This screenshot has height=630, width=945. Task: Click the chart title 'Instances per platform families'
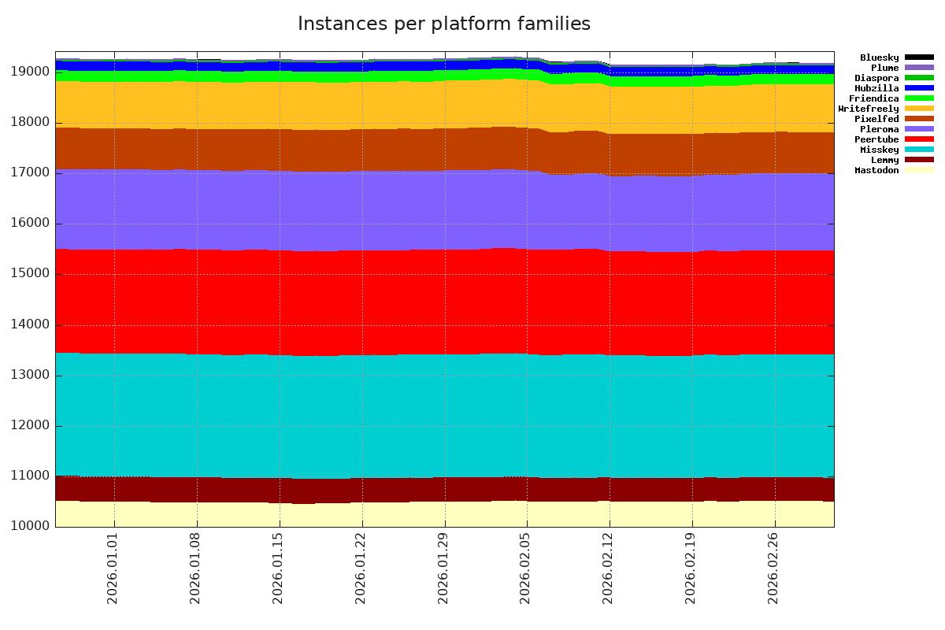443,24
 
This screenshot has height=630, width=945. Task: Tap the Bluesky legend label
879,57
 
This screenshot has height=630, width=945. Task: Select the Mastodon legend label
876,170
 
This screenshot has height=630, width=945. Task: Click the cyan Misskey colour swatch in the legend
919,150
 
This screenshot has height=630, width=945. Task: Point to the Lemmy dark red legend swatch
919,160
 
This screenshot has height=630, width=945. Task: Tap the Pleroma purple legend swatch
919,129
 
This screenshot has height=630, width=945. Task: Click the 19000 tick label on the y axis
31,72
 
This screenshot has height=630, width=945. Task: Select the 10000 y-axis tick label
31,527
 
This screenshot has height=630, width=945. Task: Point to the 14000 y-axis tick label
31,324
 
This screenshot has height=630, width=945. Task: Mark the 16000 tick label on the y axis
31,224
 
